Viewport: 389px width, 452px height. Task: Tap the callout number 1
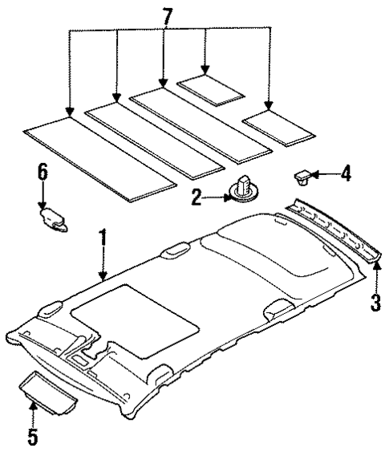(102, 238)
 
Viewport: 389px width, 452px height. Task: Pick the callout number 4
(346, 173)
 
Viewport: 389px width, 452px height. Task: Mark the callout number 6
(43, 171)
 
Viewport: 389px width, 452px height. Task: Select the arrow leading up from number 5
(32, 416)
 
